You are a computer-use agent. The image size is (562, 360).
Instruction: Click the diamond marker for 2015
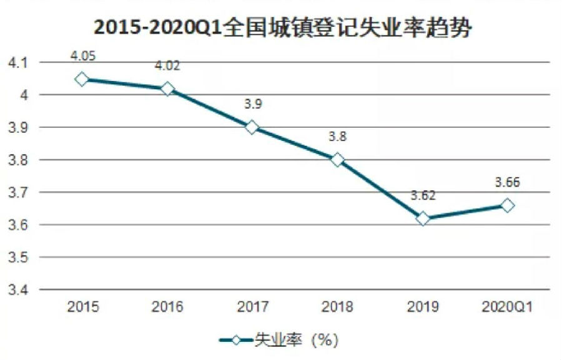pyautogui.click(x=82, y=79)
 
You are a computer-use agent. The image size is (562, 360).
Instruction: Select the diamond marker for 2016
pyautogui.click(x=167, y=89)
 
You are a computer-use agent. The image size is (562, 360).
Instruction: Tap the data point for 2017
pyautogui.click(x=252, y=127)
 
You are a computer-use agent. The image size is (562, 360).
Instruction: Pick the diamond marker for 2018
pyautogui.click(x=337, y=160)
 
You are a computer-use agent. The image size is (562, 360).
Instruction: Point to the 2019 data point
pyautogui.click(x=423, y=218)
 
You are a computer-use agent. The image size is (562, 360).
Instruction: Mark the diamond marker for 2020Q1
pyautogui.click(x=508, y=205)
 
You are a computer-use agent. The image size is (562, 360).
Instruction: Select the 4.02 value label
pyautogui.click(x=167, y=66)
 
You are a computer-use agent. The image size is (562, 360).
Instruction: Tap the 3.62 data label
pyautogui.click(x=423, y=195)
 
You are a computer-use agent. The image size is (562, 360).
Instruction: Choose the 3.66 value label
pyautogui.click(x=508, y=183)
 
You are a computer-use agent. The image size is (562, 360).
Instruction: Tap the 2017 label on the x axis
pyautogui.click(x=252, y=307)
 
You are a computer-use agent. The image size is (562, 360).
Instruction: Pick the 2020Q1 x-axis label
pyautogui.click(x=508, y=307)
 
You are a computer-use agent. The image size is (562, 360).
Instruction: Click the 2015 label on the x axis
pyautogui.click(x=82, y=307)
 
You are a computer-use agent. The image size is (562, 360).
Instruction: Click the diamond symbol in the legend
pyautogui.click(x=235, y=340)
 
